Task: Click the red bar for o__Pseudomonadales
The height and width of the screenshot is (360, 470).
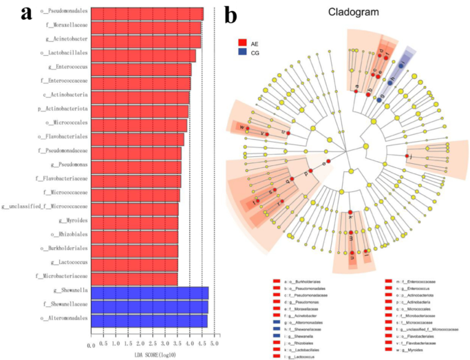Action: (x=147, y=13)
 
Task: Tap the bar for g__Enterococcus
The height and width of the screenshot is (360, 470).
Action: (x=142, y=69)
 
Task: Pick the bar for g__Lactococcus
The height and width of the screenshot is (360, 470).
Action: (x=135, y=264)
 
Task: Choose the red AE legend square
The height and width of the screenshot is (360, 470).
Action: (x=243, y=43)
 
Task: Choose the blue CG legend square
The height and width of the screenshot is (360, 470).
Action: (x=243, y=53)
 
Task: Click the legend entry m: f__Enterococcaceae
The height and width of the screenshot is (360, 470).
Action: (x=416, y=282)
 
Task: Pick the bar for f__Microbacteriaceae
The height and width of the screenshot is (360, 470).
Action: (x=134, y=278)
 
